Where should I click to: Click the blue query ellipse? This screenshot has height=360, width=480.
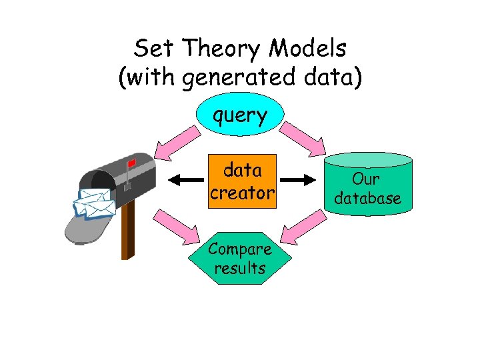(x=240, y=116)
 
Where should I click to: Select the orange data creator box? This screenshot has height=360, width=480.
(x=241, y=181)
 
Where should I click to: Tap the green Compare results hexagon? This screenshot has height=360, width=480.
(x=240, y=259)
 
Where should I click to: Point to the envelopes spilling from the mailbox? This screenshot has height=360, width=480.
(x=93, y=203)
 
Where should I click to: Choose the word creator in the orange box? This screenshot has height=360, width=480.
(x=241, y=193)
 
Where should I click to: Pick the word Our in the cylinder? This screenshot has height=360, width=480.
(x=366, y=179)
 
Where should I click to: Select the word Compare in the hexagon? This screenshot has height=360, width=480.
(x=240, y=249)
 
